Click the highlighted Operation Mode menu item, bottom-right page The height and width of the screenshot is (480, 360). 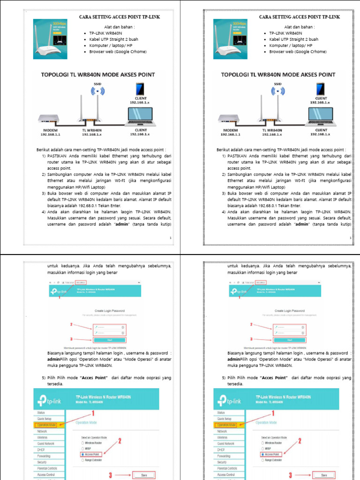[226, 425]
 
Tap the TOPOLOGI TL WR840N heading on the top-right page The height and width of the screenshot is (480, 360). [278, 75]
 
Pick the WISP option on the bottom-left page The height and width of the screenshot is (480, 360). [89, 448]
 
